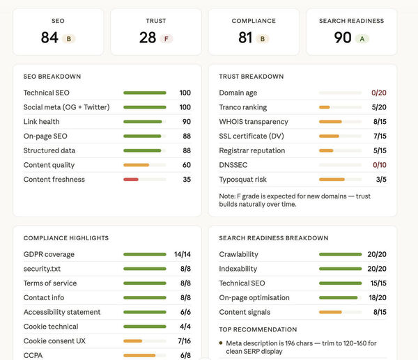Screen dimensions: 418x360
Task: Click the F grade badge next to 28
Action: point(167,39)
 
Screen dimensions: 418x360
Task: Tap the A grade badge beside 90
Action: point(362,39)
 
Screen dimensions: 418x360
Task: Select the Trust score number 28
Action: point(148,38)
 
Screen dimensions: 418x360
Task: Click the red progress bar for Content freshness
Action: point(131,180)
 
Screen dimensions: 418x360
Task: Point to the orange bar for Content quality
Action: point(137,165)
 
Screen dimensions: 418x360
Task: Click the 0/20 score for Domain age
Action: point(379,93)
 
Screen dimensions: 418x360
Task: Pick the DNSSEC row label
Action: point(233,165)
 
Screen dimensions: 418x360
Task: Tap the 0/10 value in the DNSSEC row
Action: point(380,165)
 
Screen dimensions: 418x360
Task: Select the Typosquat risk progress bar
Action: point(341,180)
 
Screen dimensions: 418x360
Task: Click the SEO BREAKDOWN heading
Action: point(52,77)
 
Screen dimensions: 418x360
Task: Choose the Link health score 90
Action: point(187,122)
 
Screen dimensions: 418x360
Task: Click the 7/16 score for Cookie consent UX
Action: point(184,341)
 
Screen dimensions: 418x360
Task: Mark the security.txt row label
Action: point(42,269)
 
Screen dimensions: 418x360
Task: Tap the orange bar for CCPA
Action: point(139,355)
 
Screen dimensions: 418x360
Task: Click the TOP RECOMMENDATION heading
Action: point(258,329)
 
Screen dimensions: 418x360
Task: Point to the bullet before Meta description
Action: point(221,343)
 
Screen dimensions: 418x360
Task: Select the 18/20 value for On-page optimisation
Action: point(378,297)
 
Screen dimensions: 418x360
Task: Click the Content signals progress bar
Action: point(341,312)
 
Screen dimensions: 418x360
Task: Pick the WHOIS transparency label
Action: point(254,122)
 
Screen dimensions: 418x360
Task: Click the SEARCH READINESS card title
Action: point(351,21)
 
